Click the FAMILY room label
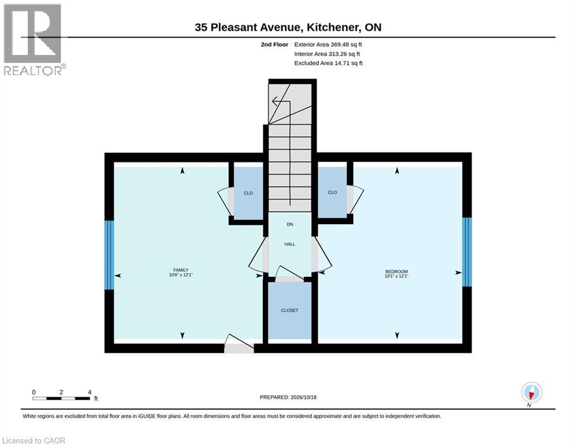[181, 270]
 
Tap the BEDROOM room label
[397, 271]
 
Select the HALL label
[289, 244]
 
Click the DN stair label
[290, 224]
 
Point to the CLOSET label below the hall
[289, 310]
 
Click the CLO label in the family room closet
[248, 193]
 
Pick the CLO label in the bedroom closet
[332, 192]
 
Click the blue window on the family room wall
[109, 255]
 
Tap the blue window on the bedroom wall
[467, 252]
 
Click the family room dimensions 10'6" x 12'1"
[181, 275]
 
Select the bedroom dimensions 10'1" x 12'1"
[397, 276]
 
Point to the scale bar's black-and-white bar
[61, 398]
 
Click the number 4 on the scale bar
[90, 392]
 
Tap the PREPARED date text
[288, 397]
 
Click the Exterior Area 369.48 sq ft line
[328, 45]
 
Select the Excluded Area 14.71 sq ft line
[328, 63]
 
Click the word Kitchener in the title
[333, 27]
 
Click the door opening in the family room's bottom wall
[239, 348]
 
